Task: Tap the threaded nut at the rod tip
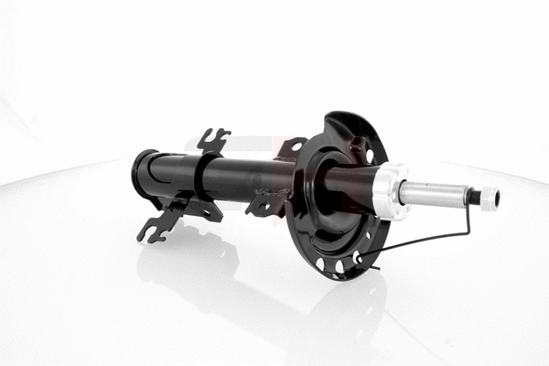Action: [490, 196]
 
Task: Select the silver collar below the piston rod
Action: [392, 190]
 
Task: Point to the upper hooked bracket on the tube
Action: [213, 140]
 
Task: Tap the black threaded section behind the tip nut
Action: [473, 196]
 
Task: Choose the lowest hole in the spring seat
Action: [339, 266]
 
